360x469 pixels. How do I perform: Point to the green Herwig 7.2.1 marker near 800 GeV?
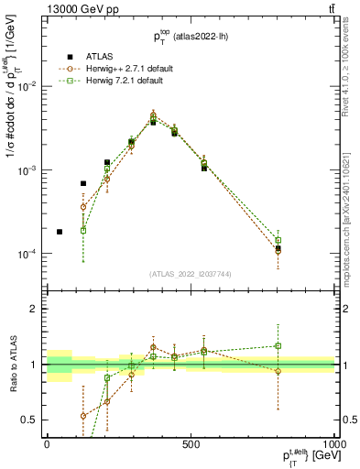click(278, 241)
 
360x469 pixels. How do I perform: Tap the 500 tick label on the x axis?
click(191, 443)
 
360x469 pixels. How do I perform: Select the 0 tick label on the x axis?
click(47, 443)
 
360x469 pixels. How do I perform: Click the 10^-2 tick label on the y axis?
click(28, 85)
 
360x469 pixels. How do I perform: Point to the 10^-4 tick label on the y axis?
click(28, 254)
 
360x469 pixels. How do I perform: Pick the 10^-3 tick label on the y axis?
click(28, 170)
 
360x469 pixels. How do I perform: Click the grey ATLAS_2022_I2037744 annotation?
click(191, 274)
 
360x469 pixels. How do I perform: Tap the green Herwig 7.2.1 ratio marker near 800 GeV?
click(278, 346)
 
